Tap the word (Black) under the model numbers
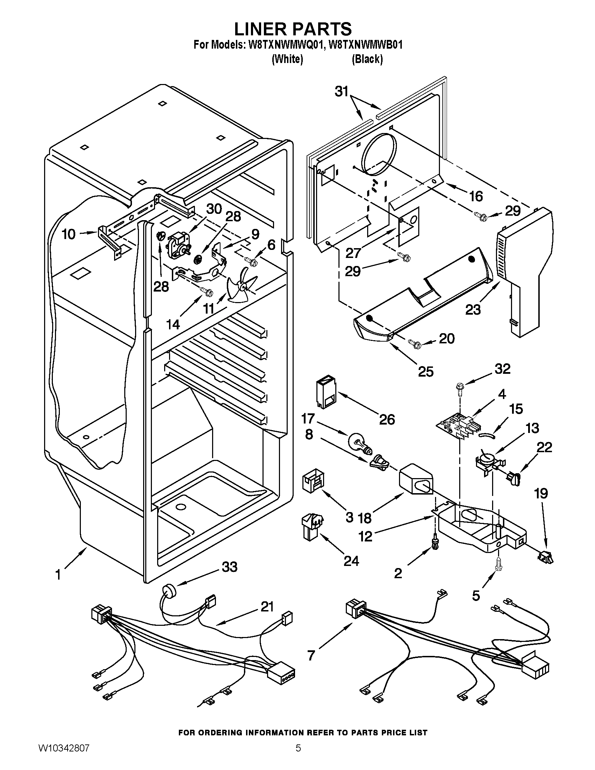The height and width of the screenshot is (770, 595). tap(367, 59)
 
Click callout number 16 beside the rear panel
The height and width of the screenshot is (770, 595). tap(476, 196)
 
